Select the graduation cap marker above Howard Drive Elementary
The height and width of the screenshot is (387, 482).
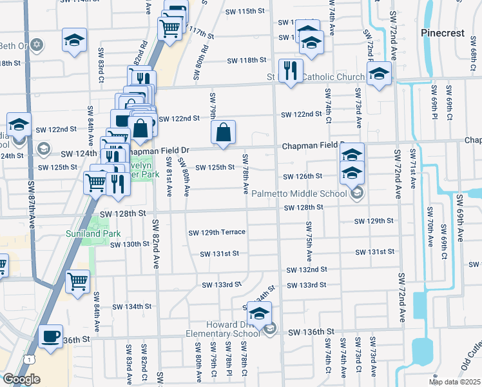259,314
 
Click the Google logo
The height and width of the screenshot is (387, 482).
21,380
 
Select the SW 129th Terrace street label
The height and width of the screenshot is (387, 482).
217,232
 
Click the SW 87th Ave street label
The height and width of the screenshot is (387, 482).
32,204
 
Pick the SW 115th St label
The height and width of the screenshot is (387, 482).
246,12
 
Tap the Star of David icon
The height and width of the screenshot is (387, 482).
37,45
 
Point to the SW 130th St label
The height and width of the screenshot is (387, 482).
130,244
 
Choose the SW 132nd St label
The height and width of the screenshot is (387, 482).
306,270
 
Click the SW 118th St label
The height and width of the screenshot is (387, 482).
246,61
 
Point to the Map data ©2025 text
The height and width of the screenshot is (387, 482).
454,382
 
